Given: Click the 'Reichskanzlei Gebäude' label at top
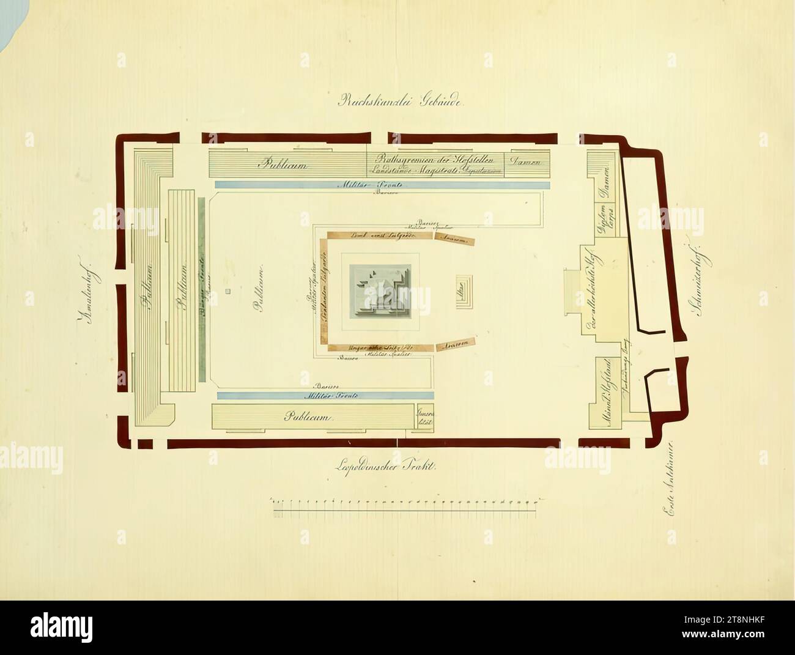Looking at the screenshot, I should [402, 102].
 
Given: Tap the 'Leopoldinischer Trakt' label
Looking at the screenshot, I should [385, 467].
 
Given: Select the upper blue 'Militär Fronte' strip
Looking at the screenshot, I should [382, 184].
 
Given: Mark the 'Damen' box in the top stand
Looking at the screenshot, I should [526, 163].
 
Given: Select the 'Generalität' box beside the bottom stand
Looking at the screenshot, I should [423, 418].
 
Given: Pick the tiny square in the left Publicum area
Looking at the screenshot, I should [227, 291].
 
